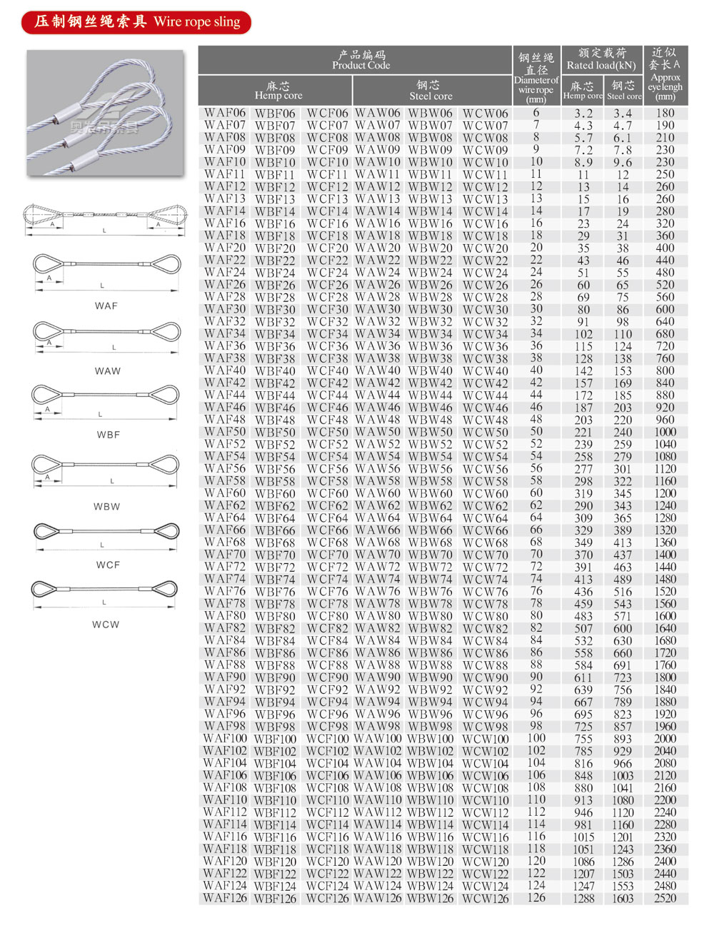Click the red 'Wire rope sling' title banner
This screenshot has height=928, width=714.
point(136,22)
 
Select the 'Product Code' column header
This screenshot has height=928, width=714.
point(361,60)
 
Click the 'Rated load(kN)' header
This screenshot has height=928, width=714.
point(601,60)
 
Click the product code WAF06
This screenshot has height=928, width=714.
point(225,113)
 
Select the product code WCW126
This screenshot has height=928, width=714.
point(486,898)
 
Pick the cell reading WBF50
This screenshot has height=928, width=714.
point(275,432)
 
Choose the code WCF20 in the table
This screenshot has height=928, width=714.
point(328,248)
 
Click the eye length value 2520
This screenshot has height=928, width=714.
point(665,898)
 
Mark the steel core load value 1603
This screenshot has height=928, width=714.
point(623,898)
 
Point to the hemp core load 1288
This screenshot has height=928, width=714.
point(583,898)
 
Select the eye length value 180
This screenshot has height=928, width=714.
point(665,113)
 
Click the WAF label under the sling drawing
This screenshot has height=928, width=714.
point(106,306)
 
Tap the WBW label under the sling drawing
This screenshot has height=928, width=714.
point(106,506)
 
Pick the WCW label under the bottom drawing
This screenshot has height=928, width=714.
point(106,624)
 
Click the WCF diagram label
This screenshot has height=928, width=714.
point(108,565)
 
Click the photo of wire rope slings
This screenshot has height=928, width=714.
point(105,113)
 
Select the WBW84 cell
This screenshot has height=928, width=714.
point(431,640)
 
